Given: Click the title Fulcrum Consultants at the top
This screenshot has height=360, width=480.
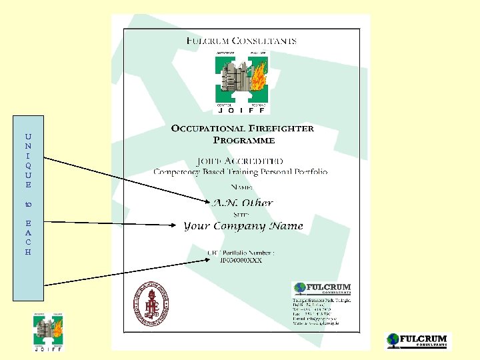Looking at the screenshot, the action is click(x=241, y=40).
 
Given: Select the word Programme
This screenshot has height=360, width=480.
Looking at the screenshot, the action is click(x=243, y=140).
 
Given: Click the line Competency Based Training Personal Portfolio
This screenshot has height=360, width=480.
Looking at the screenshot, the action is click(x=241, y=172).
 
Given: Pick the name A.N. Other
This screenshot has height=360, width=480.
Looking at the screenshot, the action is click(x=242, y=203).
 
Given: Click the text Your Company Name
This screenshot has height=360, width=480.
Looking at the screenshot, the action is click(x=243, y=226).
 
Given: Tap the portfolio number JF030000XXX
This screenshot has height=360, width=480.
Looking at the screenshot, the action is click(x=241, y=260).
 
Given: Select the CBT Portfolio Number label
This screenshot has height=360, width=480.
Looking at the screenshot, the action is click(x=241, y=252).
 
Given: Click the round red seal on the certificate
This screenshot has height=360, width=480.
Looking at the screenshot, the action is click(x=151, y=303).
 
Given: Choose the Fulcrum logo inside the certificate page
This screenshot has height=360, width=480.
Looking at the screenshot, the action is click(x=322, y=289).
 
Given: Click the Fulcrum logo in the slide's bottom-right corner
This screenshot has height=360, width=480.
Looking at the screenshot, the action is click(x=418, y=341).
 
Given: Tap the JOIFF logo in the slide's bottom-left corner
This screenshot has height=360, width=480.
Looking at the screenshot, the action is click(x=49, y=331).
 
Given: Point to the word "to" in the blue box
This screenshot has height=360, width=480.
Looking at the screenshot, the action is click(x=28, y=204).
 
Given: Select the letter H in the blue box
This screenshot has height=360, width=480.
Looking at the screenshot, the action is click(x=28, y=252).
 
